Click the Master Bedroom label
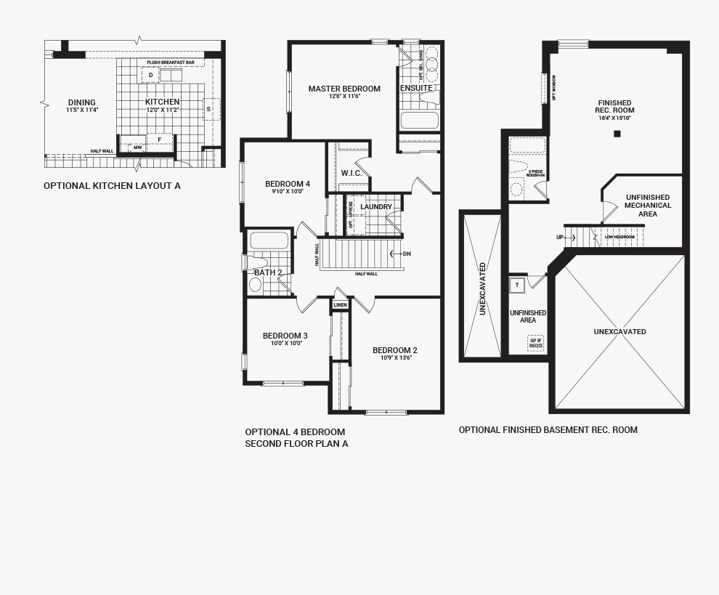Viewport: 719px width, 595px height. [x=344, y=89]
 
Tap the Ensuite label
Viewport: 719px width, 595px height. [x=416, y=88]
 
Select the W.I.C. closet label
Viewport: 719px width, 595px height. [x=352, y=173]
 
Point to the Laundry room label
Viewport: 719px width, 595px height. [x=376, y=207]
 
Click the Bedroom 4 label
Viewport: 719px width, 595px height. [x=287, y=184]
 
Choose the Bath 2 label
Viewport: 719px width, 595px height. [x=268, y=272]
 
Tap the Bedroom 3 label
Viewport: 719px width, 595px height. [x=285, y=336]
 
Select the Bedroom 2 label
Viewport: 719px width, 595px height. [x=395, y=350]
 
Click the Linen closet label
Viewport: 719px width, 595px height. [x=340, y=305]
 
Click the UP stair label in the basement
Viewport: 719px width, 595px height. [x=560, y=237]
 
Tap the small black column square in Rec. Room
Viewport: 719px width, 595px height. [x=617, y=134]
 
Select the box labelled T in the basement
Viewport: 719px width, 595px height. [x=517, y=286]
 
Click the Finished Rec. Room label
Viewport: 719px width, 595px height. [x=614, y=107]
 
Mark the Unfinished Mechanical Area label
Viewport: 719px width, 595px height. [x=647, y=206]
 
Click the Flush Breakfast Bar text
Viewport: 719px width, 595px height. [x=171, y=63]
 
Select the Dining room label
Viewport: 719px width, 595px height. [x=81, y=102]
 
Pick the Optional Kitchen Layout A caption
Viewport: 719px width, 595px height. [x=112, y=186]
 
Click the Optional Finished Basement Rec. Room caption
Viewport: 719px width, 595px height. [x=548, y=430]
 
